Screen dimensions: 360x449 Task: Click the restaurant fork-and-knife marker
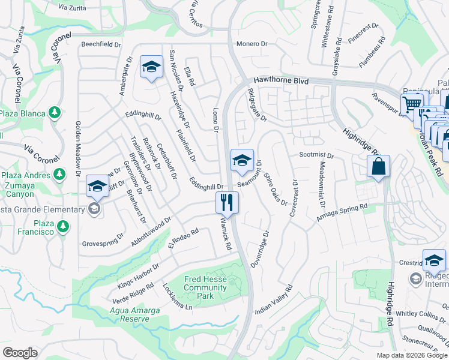coord(227,202)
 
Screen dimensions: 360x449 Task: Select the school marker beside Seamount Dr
coord(241,160)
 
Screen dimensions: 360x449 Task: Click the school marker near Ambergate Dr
coord(151,66)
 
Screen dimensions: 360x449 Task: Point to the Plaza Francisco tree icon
coord(62,227)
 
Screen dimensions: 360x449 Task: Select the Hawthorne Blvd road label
coord(280,79)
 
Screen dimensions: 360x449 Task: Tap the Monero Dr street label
coord(251,44)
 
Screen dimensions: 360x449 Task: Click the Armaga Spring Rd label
coord(342,215)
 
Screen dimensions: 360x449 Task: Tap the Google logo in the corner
coord(20,353)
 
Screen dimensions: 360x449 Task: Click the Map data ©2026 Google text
coord(411,355)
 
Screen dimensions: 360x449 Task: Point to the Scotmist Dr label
coord(316,155)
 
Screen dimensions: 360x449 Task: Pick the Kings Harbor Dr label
coord(139,275)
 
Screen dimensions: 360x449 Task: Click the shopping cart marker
coord(412,104)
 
